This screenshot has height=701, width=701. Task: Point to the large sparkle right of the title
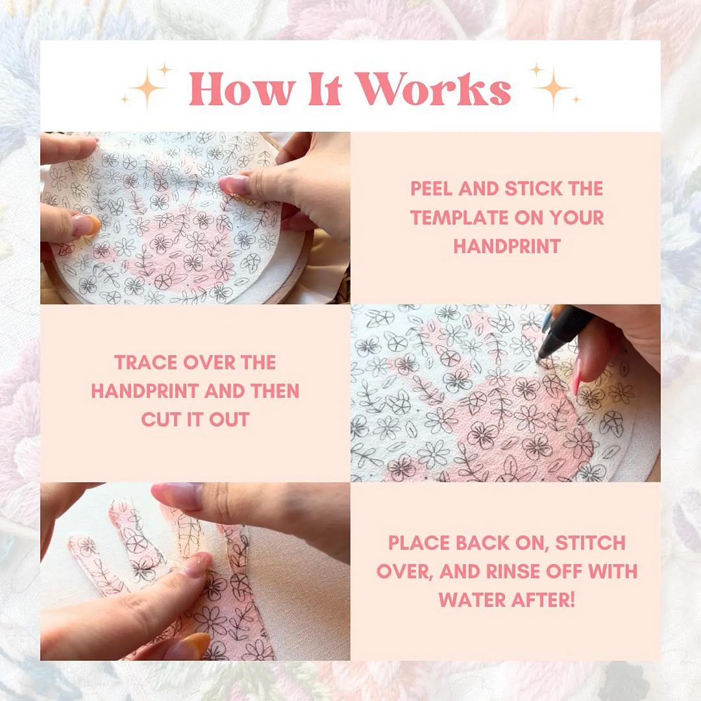tap(553, 88)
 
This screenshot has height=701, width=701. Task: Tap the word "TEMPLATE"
tap(459, 217)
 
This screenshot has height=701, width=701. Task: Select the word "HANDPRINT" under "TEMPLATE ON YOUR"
tap(507, 247)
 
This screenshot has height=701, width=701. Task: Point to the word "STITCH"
tap(590, 543)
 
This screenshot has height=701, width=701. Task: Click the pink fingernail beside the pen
tap(577, 376)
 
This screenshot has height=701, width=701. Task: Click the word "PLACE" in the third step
tap(419, 543)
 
